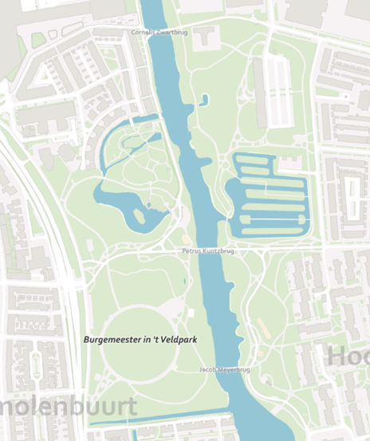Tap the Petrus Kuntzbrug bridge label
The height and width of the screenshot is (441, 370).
[210, 250]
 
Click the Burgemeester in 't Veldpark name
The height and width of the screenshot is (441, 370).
[140, 339]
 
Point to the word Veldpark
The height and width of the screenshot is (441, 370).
[178, 339]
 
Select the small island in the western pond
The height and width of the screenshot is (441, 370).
[140, 216]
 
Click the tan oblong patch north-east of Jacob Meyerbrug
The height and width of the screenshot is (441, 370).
[262, 328]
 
